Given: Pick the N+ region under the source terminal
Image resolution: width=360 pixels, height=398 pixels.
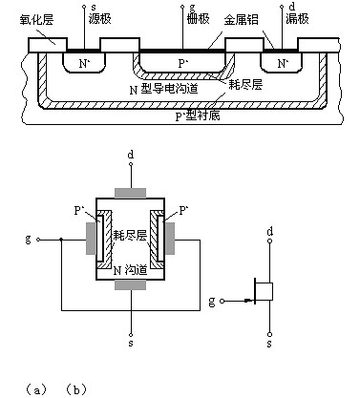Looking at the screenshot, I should (x=84, y=64).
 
